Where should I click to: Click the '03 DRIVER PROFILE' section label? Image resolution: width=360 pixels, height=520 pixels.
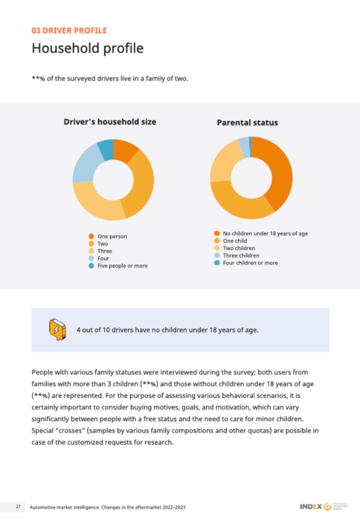point(69,30)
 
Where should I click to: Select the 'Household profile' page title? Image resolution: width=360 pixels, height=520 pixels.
point(87,48)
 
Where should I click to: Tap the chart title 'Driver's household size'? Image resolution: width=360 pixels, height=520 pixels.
point(110,122)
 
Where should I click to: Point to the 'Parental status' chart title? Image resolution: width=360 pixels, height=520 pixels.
point(247,122)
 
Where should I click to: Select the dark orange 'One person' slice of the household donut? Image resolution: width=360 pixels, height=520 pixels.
point(125,151)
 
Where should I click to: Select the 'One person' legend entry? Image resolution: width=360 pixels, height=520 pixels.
point(112,236)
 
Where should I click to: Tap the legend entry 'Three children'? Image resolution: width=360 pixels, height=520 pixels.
point(241,255)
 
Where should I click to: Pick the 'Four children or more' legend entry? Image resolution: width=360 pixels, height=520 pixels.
point(250,263)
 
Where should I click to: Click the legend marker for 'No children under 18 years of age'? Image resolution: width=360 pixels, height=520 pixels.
point(217,233)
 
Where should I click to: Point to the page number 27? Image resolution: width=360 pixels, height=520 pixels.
point(18,506)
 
